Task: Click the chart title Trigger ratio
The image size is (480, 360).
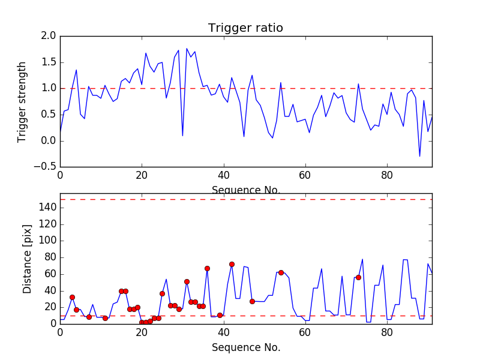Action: [x=245, y=28]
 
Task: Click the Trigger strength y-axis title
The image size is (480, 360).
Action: [x=22, y=101]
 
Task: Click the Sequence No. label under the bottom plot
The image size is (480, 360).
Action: [x=245, y=347]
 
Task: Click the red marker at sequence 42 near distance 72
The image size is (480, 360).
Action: [x=232, y=264]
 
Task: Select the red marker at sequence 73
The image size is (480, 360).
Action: [x=358, y=277]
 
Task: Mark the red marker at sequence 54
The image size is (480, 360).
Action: [x=281, y=272]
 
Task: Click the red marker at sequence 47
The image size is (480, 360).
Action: [x=252, y=301]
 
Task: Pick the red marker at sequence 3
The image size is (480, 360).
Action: [x=72, y=297]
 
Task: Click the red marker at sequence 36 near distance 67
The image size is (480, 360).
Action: [x=207, y=268]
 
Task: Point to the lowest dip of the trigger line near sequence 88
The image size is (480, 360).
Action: [x=419, y=157]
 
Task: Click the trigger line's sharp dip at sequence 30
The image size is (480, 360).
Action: [x=182, y=136]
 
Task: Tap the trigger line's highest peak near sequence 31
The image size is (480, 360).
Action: [x=187, y=49]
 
